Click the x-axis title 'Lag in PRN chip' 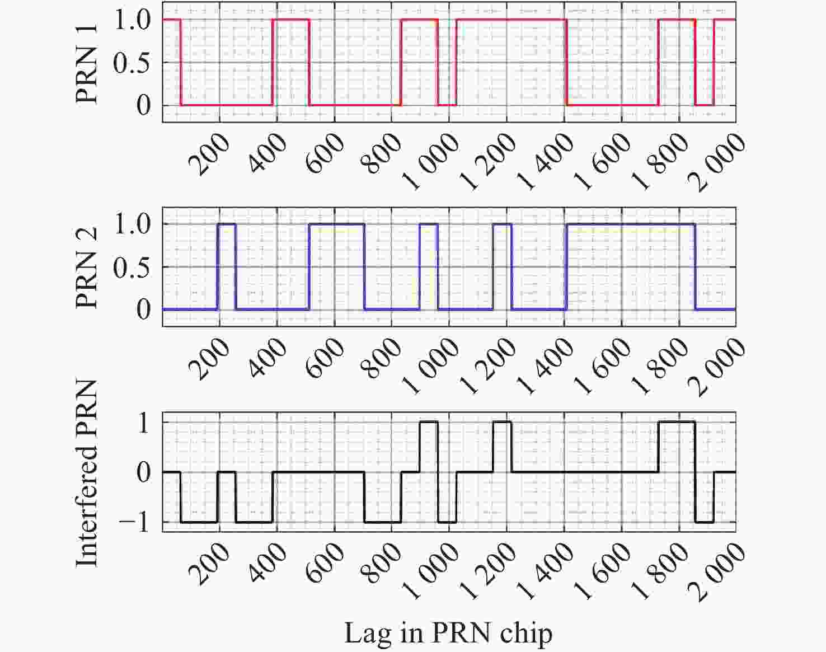coord(448,634)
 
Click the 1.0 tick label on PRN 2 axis coord(132,224)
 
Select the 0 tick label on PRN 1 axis coord(144,106)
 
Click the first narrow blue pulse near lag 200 coord(227,224)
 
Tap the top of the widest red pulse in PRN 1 coord(511,20)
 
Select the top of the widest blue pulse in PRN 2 coord(631,224)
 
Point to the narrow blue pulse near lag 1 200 coord(502,224)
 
